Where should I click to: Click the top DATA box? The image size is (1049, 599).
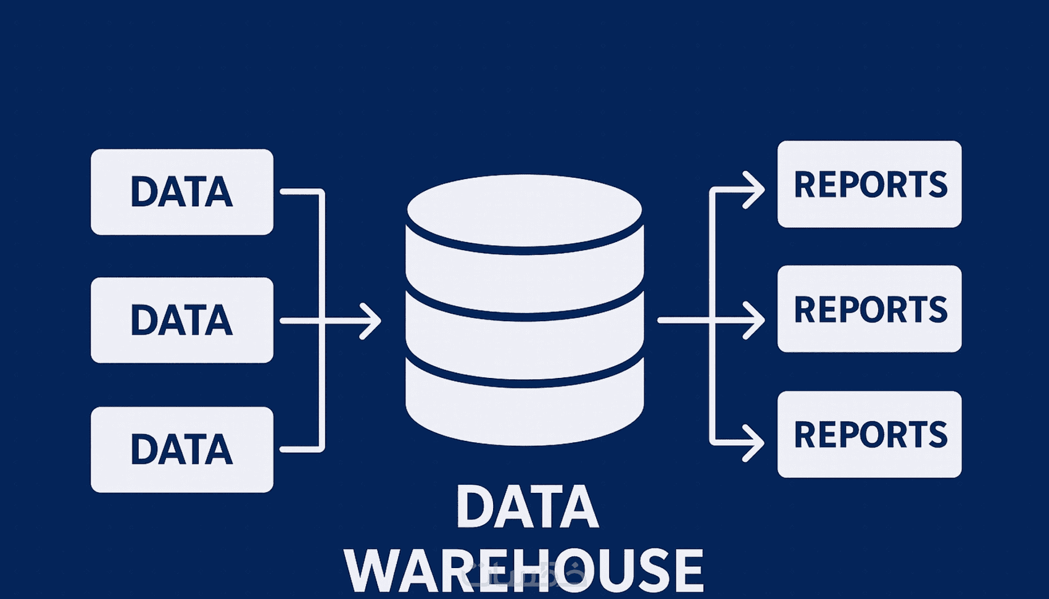click(x=182, y=191)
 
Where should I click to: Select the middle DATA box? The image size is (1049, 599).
click(x=182, y=320)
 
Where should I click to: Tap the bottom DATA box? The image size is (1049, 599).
click(x=182, y=449)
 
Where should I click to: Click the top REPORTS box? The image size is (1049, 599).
click(x=869, y=184)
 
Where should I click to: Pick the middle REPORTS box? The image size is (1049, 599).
click(x=869, y=309)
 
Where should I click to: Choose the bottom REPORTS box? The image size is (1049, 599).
click(x=869, y=434)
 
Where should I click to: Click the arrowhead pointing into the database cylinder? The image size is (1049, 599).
click(x=373, y=320)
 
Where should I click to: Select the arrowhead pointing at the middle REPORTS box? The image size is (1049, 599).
click(x=757, y=320)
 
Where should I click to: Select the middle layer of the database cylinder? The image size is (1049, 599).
click(x=524, y=343)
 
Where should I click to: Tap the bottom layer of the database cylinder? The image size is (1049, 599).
click(x=524, y=411)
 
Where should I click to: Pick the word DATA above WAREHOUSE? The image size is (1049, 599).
click(x=527, y=507)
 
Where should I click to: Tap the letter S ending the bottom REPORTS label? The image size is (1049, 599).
click(x=937, y=434)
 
